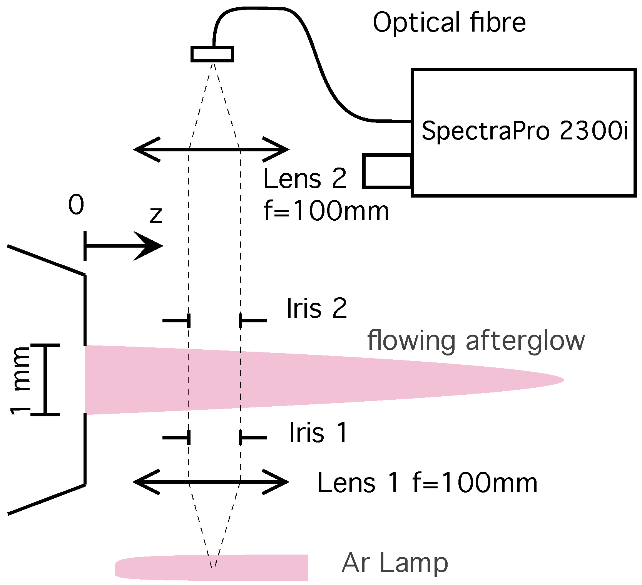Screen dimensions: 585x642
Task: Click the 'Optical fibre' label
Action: (449, 22)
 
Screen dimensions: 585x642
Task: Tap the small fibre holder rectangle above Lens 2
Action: (212, 54)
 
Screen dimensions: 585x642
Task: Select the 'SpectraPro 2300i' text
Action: (525, 131)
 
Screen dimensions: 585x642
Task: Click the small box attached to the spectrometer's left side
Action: (387, 171)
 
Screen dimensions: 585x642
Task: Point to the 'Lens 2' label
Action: (305, 179)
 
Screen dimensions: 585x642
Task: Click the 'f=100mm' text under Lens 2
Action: (326, 211)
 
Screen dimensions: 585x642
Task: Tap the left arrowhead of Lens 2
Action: (144, 149)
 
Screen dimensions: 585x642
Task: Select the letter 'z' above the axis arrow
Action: (156, 216)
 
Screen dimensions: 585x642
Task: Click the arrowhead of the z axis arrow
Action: (152, 246)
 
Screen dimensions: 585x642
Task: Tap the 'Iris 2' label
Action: (317, 308)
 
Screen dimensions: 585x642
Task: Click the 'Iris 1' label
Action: (318, 433)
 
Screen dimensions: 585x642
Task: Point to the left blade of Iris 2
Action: (177, 320)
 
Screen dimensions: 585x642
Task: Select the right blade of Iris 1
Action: (253, 438)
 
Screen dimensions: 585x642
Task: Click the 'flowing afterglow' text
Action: (476, 341)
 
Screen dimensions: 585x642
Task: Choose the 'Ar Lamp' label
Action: (395, 563)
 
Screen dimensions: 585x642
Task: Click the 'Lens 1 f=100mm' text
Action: (427, 483)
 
